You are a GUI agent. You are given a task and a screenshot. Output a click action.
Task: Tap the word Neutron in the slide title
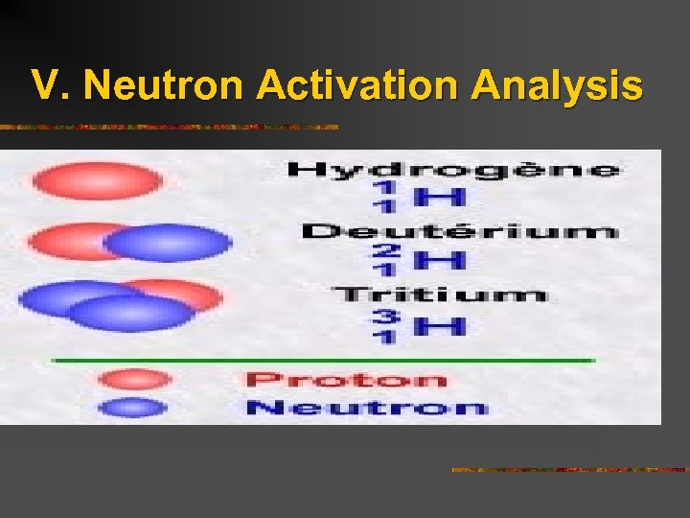tap(165, 85)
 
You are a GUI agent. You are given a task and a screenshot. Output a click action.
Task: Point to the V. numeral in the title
tap(52, 85)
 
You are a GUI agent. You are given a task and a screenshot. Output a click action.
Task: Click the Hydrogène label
tap(453, 170)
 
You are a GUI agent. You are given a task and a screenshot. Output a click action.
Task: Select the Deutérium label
tap(459, 231)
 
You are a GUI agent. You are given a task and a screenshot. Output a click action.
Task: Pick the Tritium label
tap(440, 294)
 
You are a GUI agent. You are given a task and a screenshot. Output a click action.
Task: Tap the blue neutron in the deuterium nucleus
tap(169, 243)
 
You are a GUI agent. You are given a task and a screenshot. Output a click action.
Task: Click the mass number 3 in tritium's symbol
tap(384, 315)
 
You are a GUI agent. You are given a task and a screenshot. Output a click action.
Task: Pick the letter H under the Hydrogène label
tap(440, 198)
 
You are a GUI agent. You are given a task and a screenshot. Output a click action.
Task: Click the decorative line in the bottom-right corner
tap(569, 469)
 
